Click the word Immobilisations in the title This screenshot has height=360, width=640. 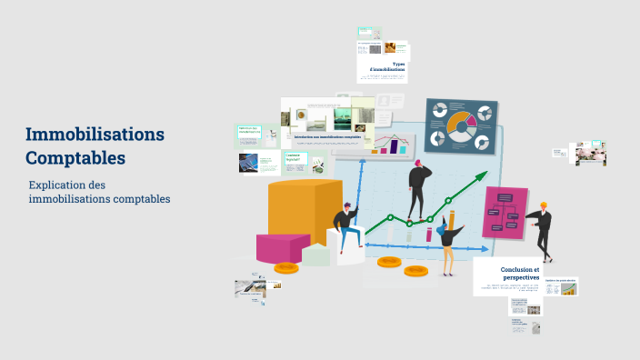click(x=95, y=135)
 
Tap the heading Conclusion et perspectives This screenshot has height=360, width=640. click(x=519, y=274)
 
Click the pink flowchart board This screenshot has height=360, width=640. click(x=505, y=213)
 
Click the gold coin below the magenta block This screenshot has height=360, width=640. click(x=286, y=267)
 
